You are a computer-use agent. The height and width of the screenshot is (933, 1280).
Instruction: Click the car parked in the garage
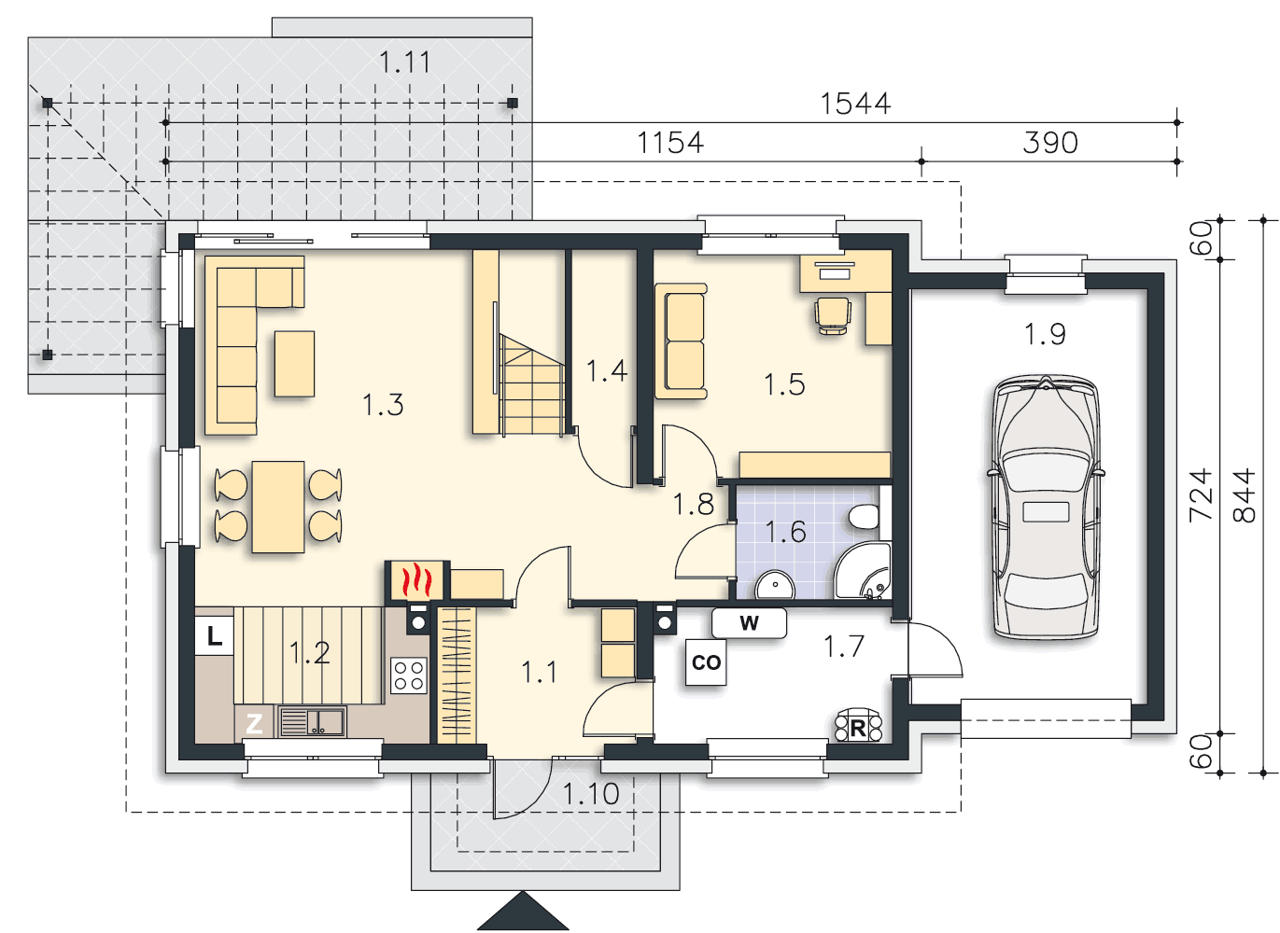pos(1045,507)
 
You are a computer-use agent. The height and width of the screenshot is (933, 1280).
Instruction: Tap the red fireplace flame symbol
pos(416,579)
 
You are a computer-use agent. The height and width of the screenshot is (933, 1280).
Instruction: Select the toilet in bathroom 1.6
pos(863,516)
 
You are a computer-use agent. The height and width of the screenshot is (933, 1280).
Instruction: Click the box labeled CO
pos(706,661)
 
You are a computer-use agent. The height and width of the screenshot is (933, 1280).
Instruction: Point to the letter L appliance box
pos(215,635)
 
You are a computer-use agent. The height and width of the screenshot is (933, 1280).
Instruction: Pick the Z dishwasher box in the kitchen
pos(254,723)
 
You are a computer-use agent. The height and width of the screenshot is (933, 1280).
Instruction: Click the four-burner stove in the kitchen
pos(409,675)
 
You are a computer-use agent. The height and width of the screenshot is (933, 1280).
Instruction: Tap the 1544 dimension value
pos(855,104)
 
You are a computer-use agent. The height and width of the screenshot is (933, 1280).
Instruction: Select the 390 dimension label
pos(1050,143)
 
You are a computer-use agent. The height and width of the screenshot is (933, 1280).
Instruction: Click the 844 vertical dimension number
pos(1244,495)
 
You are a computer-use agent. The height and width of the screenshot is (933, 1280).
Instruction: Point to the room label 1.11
pos(404,62)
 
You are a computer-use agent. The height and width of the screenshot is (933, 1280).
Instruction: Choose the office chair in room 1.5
pos(833,315)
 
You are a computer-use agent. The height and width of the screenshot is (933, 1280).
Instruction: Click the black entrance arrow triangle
pos(523,912)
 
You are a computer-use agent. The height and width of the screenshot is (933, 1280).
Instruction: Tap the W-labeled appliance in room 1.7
pos(749,623)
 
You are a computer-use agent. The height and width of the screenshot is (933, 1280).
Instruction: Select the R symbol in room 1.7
pos(858,727)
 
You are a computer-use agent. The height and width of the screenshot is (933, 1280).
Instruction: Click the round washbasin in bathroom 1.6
pos(775,585)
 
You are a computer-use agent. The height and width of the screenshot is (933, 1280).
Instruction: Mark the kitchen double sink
pos(313,722)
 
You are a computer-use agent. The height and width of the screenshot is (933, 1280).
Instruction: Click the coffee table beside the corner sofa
pos(294,364)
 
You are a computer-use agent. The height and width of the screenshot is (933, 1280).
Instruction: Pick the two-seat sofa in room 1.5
pos(682,341)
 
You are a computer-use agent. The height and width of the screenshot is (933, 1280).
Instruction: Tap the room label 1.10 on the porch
pos(591,794)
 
